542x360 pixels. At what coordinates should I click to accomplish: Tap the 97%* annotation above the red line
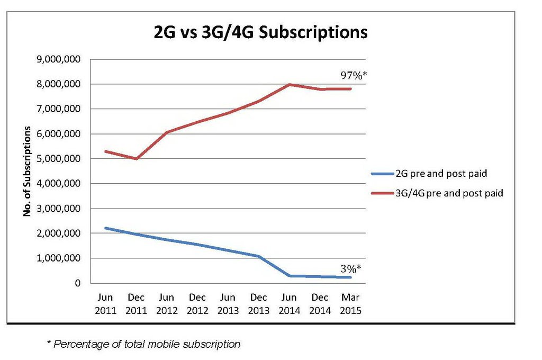click(x=353, y=76)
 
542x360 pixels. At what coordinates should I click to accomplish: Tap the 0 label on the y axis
click(x=78, y=283)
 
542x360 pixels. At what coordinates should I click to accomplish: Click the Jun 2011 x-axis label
click(x=106, y=304)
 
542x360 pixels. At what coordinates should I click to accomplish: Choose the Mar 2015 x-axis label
click(x=350, y=304)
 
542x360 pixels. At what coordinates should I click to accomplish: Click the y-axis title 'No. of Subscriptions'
click(x=26, y=172)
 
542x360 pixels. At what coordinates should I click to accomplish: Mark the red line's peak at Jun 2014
click(x=290, y=85)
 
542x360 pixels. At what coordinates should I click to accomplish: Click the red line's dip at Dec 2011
click(x=137, y=158)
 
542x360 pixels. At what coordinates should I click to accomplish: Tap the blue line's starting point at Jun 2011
click(x=106, y=228)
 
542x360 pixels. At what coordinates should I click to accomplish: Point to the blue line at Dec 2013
click(x=259, y=256)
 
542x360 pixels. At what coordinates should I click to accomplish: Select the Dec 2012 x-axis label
click(x=197, y=304)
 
